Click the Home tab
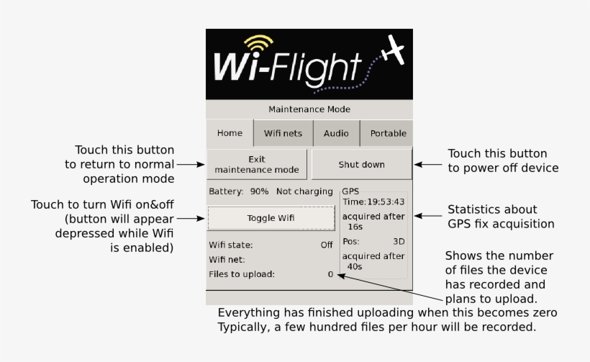pyautogui.click(x=230, y=133)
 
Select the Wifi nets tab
pyautogui.click(x=283, y=133)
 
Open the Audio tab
pyautogui.click(x=336, y=133)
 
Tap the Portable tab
pyautogui.click(x=388, y=133)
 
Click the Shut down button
pyautogui.click(x=361, y=164)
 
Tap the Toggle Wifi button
pyautogui.click(x=271, y=217)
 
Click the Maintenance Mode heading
pyautogui.click(x=309, y=109)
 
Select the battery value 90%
pyautogui.click(x=259, y=191)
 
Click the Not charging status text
pyautogui.click(x=305, y=191)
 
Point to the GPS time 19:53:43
pyautogui.click(x=386, y=202)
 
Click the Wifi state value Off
pyautogui.click(x=327, y=245)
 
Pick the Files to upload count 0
pyautogui.click(x=330, y=274)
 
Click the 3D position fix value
pyautogui.click(x=399, y=241)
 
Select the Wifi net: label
pyautogui.click(x=227, y=259)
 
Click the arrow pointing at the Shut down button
pyautogui.click(x=428, y=164)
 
